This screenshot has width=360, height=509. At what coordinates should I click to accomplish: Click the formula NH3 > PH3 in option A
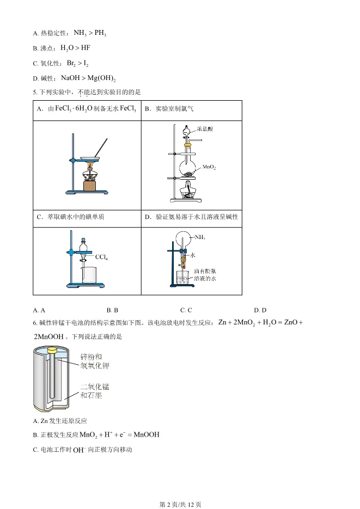click(x=90, y=33)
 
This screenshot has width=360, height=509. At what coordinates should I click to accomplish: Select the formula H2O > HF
click(x=75, y=48)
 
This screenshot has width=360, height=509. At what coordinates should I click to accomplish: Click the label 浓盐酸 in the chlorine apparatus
click(x=206, y=128)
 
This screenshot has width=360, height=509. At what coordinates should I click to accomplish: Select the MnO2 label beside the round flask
click(x=209, y=168)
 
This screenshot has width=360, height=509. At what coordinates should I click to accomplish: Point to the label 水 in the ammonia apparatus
click(x=199, y=255)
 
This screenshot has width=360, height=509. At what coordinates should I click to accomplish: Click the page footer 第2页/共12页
click(x=180, y=504)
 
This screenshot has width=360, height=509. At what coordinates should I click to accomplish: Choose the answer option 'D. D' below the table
click(x=260, y=310)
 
